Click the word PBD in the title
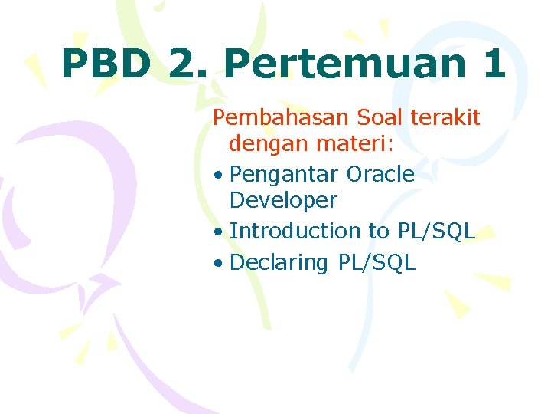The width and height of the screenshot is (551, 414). point(106,63)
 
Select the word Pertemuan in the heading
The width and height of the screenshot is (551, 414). point(342,64)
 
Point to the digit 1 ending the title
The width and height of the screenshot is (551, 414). point(493,63)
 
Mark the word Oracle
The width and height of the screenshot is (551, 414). point(380,174)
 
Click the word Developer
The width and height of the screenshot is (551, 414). point(283,201)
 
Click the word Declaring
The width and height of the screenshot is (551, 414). point(279,263)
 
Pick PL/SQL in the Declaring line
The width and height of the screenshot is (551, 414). point(377,263)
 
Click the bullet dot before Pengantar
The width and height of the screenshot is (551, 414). point(219,176)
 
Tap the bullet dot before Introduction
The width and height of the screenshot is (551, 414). point(219,232)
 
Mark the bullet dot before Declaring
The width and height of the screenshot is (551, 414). point(219,264)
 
